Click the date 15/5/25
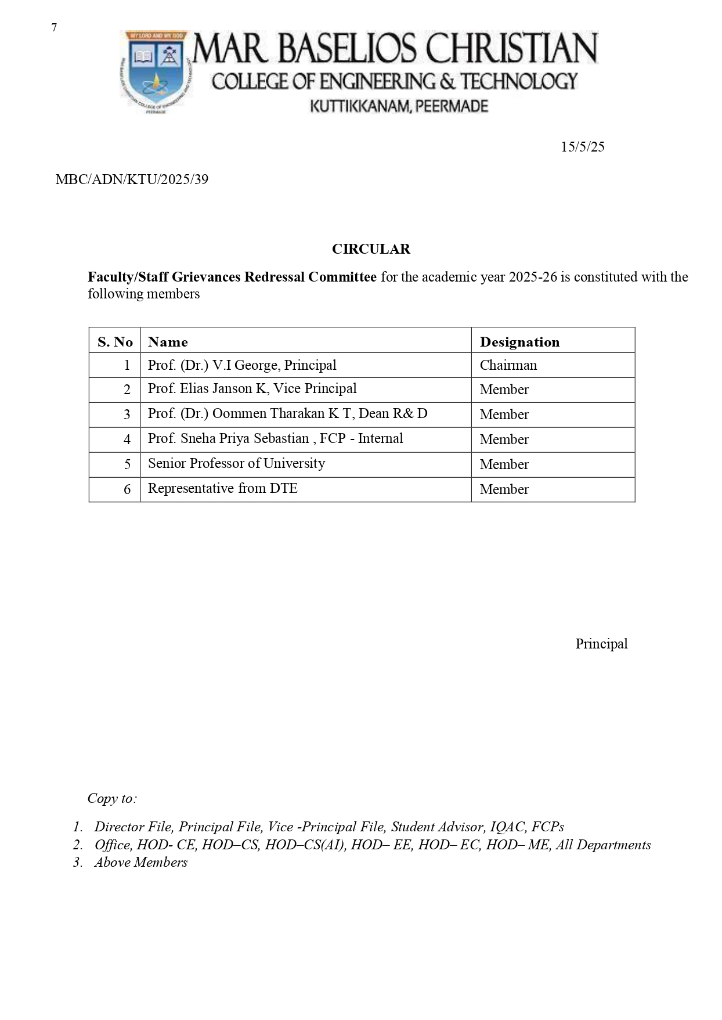(582, 147)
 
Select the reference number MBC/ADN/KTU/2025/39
(132, 179)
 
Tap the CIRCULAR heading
(371, 249)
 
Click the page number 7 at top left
(54, 28)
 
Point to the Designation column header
(519, 342)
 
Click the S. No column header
(115, 342)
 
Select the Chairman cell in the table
(508, 365)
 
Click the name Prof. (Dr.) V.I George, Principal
(242, 365)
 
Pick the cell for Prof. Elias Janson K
(252, 389)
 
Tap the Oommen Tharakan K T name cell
(287, 414)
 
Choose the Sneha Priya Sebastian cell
(275, 439)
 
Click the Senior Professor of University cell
(236, 464)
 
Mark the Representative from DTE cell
(222, 489)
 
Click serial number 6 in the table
(127, 489)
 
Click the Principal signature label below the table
(601, 644)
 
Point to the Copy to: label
(112, 798)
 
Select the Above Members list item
(141, 862)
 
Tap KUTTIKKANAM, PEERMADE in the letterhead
(399, 106)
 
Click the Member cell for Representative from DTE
(504, 489)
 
